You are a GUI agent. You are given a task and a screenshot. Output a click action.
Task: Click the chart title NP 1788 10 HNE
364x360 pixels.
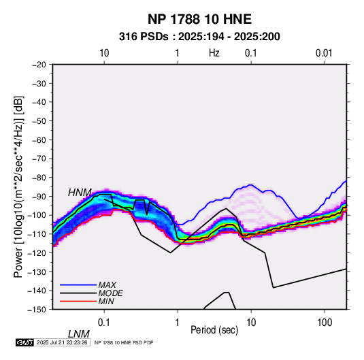pyautogui.click(x=199, y=19)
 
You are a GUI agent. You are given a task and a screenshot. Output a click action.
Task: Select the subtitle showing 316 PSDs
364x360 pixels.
pyautogui.click(x=199, y=37)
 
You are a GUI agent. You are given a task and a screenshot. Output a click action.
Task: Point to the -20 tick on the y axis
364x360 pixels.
pyautogui.click(x=39, y=65)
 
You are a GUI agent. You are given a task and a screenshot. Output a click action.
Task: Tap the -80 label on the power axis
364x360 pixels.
pyautogui.click(x=39, y=178)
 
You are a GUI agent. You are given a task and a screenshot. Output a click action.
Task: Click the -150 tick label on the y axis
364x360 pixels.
pyautogui.click(x=37, y=310)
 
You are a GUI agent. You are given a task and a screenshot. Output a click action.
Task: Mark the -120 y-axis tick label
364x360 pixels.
pyautogui.click(x=37, y=252)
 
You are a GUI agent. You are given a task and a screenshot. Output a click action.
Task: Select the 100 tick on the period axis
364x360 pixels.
pyautogui.click(x=325, y=323)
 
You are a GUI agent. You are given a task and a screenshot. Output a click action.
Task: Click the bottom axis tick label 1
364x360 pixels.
pyautogui.click(x=178, y=323)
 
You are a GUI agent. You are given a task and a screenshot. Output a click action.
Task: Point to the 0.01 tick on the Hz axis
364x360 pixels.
pyautogui.click(x=324, y=53)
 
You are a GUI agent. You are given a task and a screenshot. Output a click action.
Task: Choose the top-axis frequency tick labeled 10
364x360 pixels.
pyautogui.click(x=104, y=53)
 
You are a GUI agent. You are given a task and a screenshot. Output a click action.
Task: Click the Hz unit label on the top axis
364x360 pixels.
pyautogui.click(x=214, y=53)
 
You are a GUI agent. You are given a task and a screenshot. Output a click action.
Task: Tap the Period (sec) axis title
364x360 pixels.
pyautogui.click(x=214, y=330)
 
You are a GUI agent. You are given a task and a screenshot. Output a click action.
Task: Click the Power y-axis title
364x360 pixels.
pyautogui.click(x=18, y=186)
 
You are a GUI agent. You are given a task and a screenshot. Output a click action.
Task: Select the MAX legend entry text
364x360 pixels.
pyautogui.click(x=107, y=284)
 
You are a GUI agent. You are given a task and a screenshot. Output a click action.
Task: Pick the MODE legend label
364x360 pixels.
pyautogui.click(x=110, y=293)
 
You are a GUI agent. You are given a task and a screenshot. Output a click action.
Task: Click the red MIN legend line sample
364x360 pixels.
pyautogui.click(x=78, y=301)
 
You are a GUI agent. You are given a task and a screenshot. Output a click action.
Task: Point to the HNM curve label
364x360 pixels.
pyautogui.click(x=80, y=193)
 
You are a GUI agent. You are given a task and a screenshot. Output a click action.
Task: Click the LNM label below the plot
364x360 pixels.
pyautogui.click(x=78, y=334)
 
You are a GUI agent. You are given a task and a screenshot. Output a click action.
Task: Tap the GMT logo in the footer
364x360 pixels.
pyautogui.click(x=25, y=342)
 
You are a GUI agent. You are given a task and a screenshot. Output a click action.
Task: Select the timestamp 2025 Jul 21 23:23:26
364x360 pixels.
pyautogui.click(x=62, y=342)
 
